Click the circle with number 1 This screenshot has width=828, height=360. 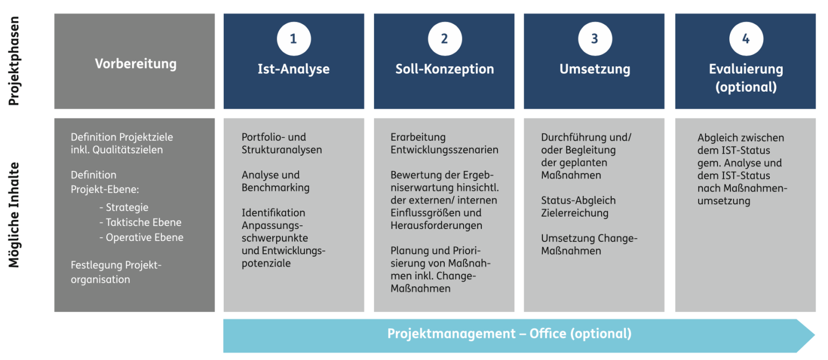point(294,39)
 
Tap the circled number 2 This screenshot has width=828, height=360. point(445,39)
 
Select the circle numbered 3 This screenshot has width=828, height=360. point(595,39)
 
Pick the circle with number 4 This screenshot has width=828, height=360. point(746,39)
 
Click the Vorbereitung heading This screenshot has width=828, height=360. point(136,64)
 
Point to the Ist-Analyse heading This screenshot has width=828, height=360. point(293,69)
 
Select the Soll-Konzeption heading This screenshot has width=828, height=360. point(445,69)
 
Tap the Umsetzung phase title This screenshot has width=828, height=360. point(595,69)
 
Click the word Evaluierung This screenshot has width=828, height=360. point(746,69)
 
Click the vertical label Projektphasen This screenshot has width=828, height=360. point(13,61)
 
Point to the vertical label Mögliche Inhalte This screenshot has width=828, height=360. point(13,214)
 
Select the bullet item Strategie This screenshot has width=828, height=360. point(124,207)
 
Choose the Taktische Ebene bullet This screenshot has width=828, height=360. point(141,222)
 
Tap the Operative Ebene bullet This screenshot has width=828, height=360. point(141,237)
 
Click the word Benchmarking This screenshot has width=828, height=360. point(275,188)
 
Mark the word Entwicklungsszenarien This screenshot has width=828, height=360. point(444,150)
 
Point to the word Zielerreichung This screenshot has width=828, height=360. point(575,213)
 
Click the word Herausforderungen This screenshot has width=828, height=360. point(436,225)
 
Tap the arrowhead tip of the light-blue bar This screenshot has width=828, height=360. point(815,335)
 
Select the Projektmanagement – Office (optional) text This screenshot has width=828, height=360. point(509,334)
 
